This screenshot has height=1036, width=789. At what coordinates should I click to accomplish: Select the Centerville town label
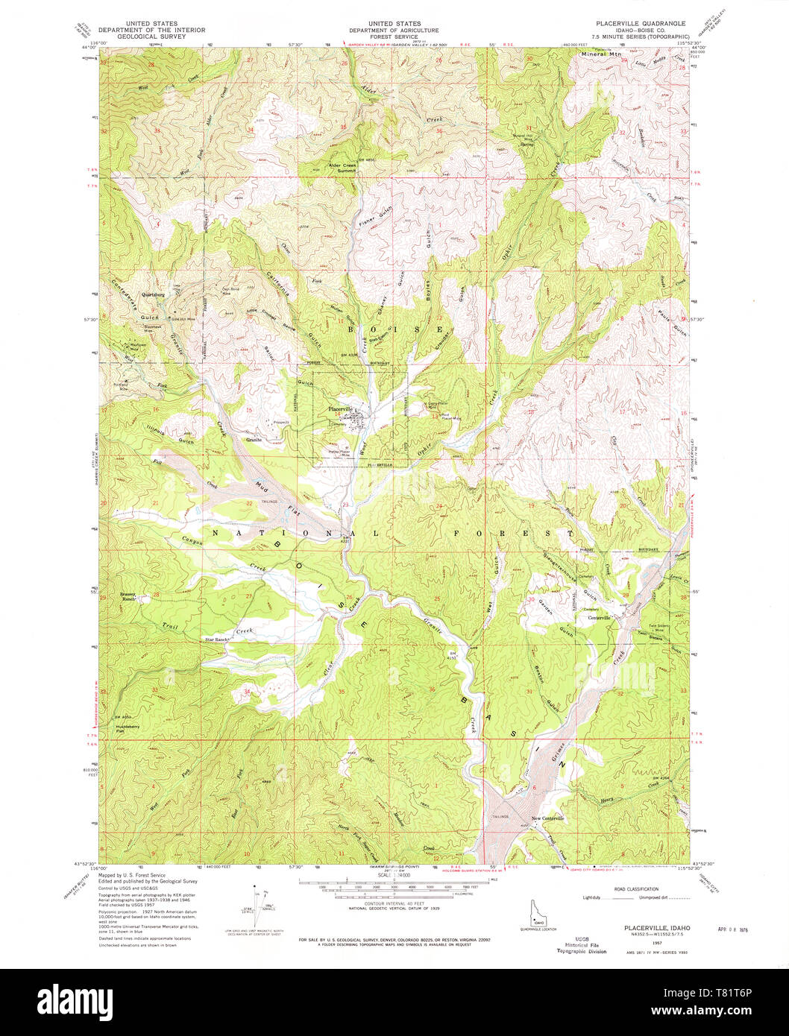coord(599,618)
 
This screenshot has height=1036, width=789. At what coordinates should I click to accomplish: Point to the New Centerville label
coord(548,818)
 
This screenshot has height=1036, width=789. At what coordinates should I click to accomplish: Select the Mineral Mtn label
coord(601,54)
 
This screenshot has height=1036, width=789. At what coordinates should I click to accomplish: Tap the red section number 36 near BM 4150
coord(432,689)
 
